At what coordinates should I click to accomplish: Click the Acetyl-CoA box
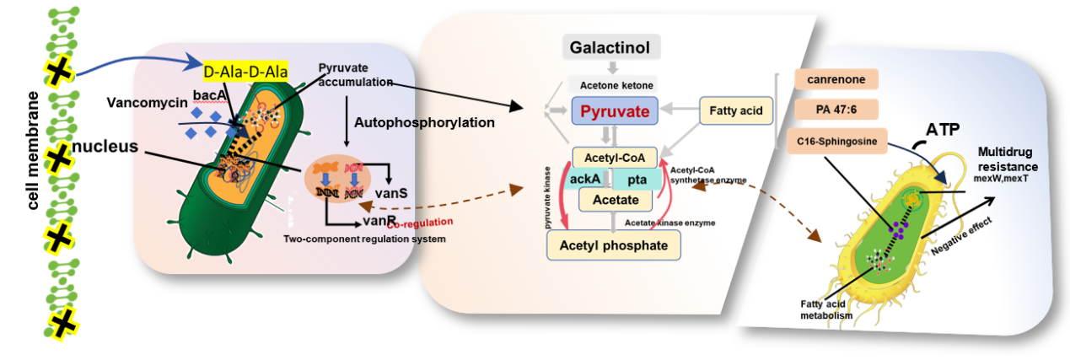tap(613, 157)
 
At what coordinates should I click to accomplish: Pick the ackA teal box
tap(585, 178)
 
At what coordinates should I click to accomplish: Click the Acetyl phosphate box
tap(613, 245)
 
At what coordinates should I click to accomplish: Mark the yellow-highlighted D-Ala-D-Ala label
tap(246, 72)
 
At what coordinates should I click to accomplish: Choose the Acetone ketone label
tap(612, 85)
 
